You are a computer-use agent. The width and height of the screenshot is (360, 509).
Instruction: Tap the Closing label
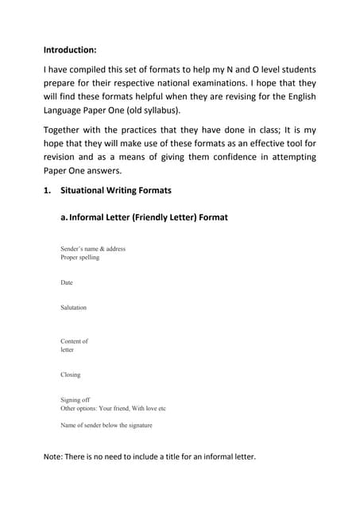point(71,375)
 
